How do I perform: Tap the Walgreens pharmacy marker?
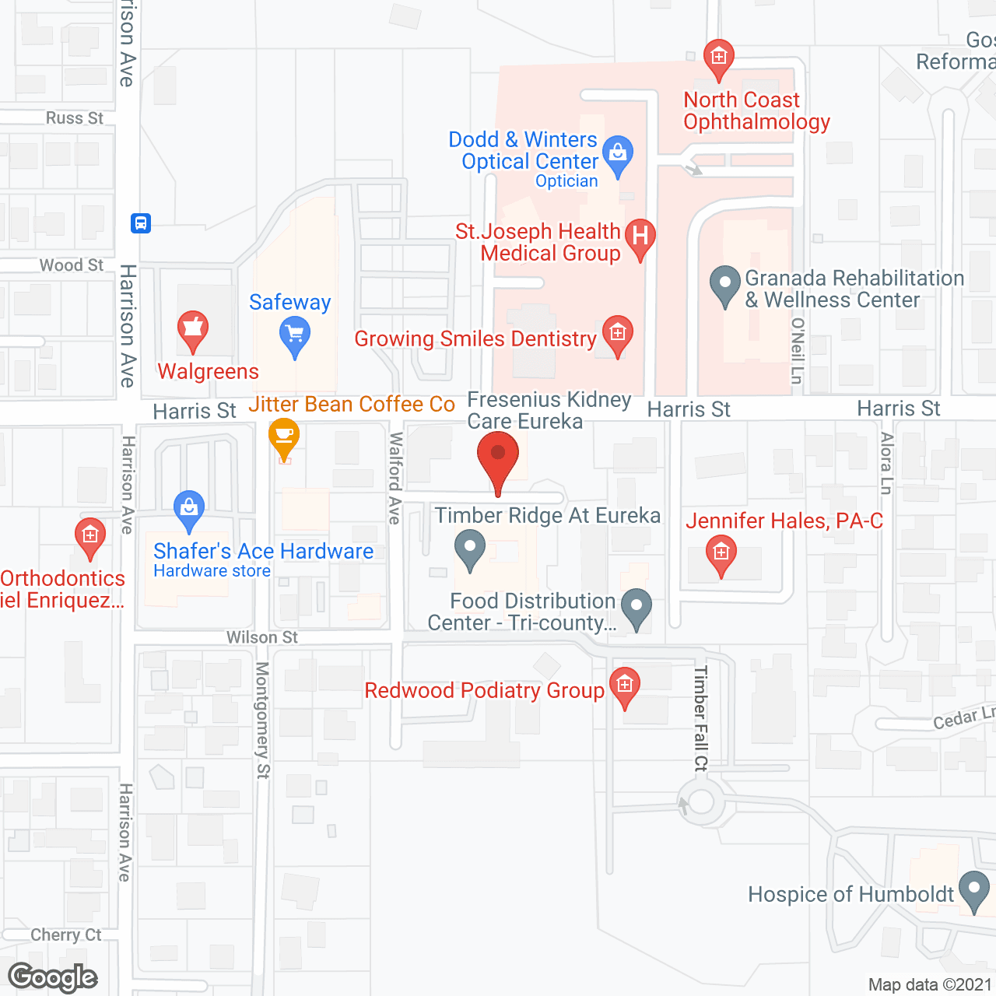pyautogui.click(x=192, y=330)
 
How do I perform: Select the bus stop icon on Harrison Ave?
pyautogui.click(x=141, y=223)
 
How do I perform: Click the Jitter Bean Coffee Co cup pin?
pyautogui.click(x=284, y=437)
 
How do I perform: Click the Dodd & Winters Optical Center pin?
pyautogui.click(x=618, y=154)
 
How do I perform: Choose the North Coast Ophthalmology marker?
pyautogui.click(x=718, y=58)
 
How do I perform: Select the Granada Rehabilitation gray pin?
pyautogui.click(x=725, y=284)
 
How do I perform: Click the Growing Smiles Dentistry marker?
pyautogui.click(x=618, y=335)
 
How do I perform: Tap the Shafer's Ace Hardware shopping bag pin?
pyautogui.click(x=189, y=509)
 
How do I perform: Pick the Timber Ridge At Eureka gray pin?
pyautogui.click(x=469, y=548)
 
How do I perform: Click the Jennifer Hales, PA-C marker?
pyautogui.click(x=721, y=554)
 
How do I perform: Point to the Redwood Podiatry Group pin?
pyautogui.click(x=624, y=686)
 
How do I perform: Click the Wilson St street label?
pyautogui.click(x=262, y=637)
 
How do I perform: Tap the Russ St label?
pyautogui.click(x=74, y=118)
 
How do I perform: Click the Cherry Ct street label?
pyautogui.click(x=66, y=935)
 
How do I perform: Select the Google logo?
pyautogui.click(x=53, y=977)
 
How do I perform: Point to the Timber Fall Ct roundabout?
pyautogui.click(x=701, y=802)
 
